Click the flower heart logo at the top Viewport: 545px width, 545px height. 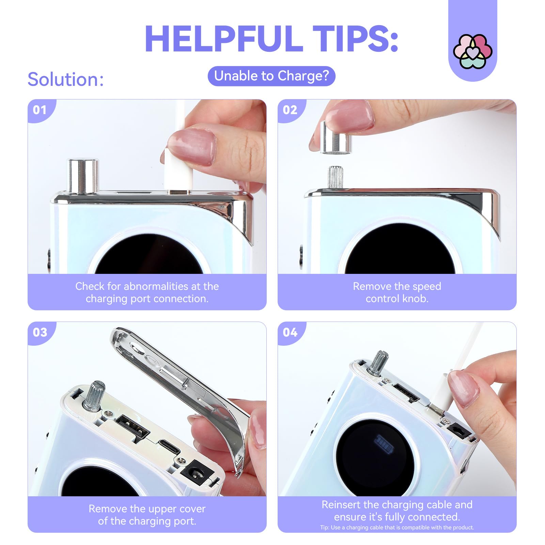(472, 51)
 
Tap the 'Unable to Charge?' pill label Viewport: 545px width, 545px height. (271, 76)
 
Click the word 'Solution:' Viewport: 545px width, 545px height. (65, 79)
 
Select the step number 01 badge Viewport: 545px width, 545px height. (40, 110)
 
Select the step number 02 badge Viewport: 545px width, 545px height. (290, 110)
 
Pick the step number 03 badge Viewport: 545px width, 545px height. (40, 332)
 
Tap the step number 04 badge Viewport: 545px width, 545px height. (290, 332)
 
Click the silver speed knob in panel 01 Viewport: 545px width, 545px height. (83, 176)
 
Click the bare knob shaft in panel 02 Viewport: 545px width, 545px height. (335, 176)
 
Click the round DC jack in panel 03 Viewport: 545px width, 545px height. (197, 473)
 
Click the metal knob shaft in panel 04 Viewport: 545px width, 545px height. (378, 363)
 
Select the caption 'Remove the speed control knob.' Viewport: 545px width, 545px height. (397, 292)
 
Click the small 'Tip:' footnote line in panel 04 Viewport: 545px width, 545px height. (397, 527)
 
